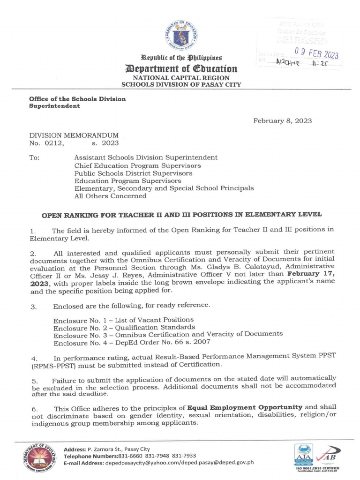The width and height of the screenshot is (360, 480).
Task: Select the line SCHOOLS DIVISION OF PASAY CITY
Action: [x=181, y=85]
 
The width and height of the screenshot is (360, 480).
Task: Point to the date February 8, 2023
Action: [x=282, y=121]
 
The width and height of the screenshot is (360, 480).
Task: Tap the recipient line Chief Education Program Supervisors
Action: [x=137, y=165]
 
